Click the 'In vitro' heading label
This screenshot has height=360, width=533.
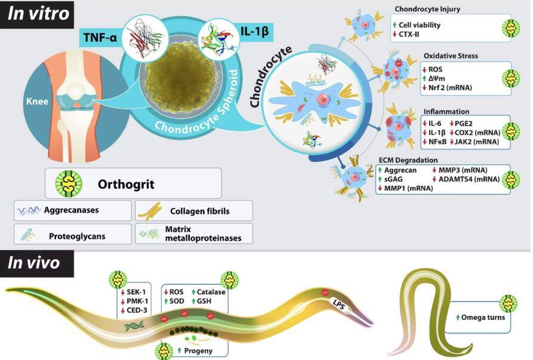click(38, 14)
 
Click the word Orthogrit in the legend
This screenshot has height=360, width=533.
click(126, 184)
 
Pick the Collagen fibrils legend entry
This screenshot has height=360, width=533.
click(199, 210)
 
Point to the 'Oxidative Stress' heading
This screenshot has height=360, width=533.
click(450, 56)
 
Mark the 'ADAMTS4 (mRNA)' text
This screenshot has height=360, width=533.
click(472, 179)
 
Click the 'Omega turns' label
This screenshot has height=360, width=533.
click(483, 317)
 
